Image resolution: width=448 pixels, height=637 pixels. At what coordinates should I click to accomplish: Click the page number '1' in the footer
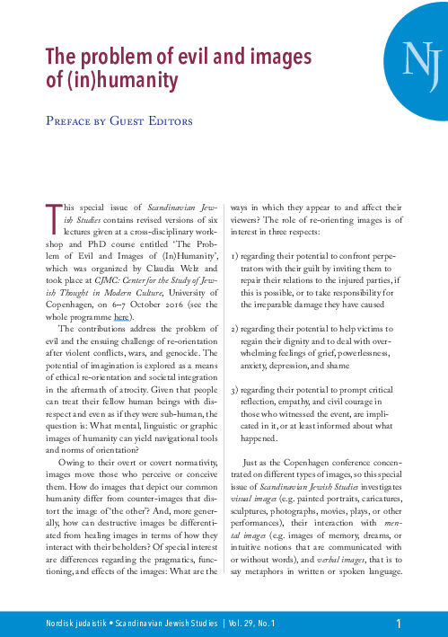click(x=398, y=623)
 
